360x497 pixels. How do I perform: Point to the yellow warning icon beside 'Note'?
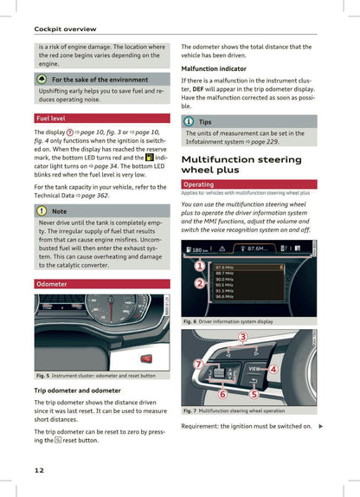pyautogui.click(x=42, y=210)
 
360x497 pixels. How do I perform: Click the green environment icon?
pyautogui.click(x=42, y=79)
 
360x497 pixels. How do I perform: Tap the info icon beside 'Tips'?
pyautogui.click(x=188, y=122)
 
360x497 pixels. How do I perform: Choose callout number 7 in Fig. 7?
pyautogui.click(x=199, y=365)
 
